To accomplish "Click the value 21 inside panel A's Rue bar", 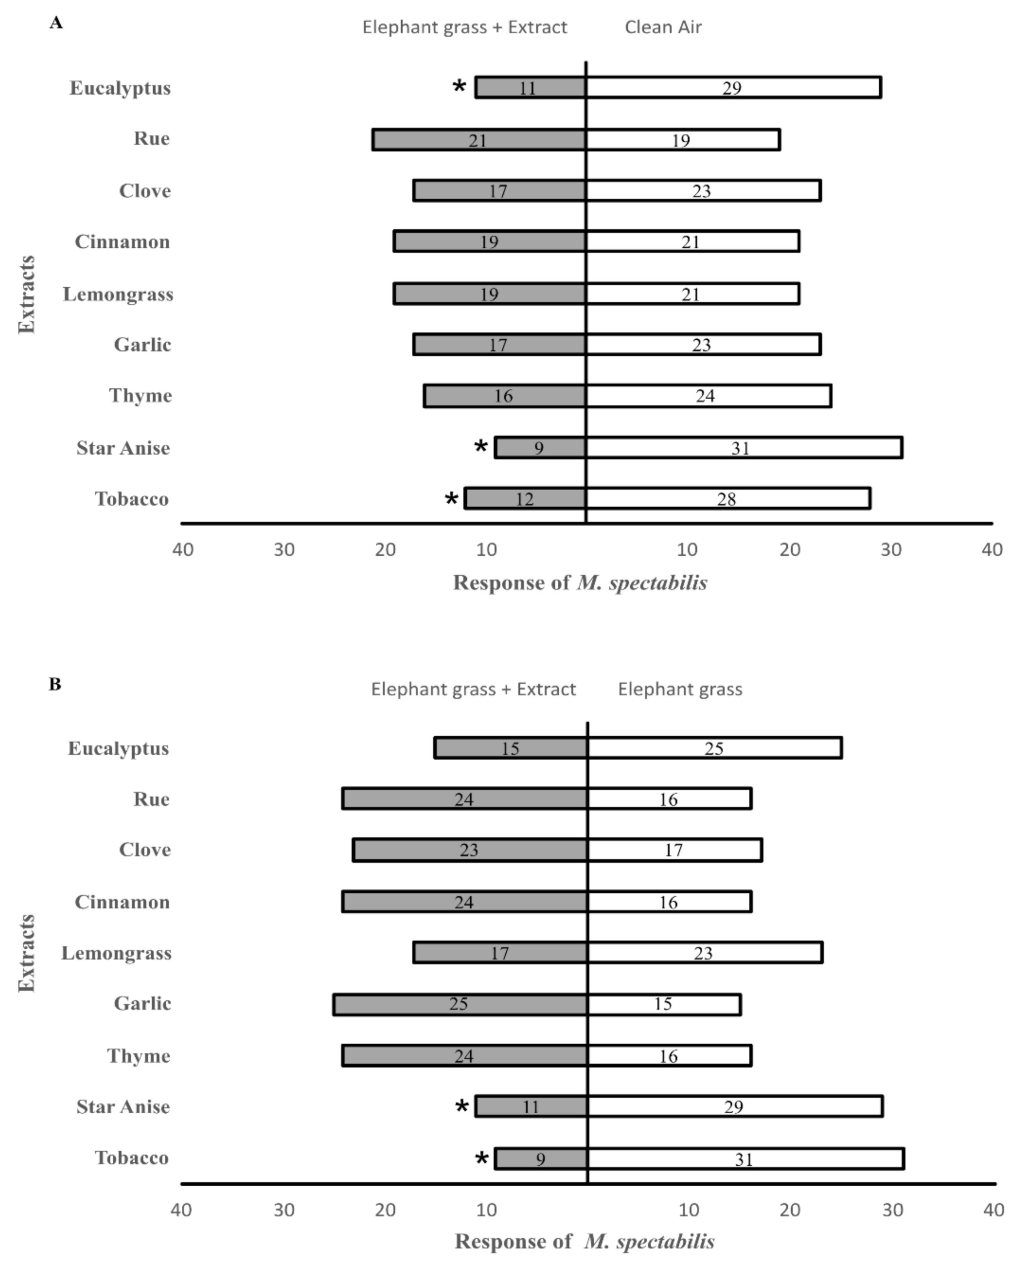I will coord(477,140).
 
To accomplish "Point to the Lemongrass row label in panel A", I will coord(118,294).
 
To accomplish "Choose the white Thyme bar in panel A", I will coord(708,396).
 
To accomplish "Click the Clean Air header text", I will coord(663,27).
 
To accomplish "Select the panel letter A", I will coord(56,23).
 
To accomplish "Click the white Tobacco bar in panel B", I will coord(745,1159).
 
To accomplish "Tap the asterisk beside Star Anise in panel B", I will coord(462,1106).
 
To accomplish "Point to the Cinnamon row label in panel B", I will coord(122,902).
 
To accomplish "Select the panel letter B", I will coord(55,684).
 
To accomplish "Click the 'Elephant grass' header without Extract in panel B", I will coord(680,689).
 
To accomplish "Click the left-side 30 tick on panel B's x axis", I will coord(284,1210).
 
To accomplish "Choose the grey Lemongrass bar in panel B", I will coord(500,952).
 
